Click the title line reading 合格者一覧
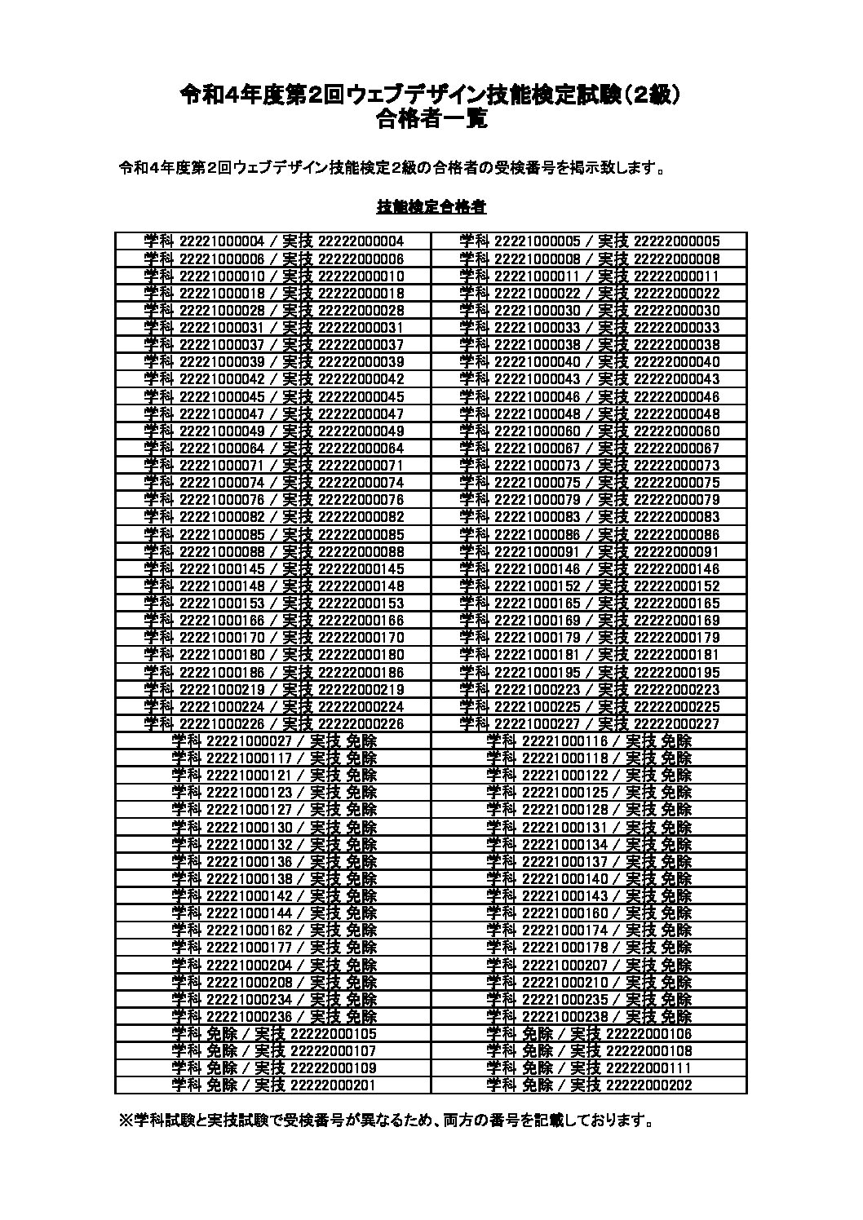(431, 120)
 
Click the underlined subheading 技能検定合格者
(431, 207)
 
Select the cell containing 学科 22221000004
(274, 241)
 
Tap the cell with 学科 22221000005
(590, 241)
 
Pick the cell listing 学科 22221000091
(590, 552)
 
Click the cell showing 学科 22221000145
(274, 569)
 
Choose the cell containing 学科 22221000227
(590, 724)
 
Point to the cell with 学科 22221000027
(274, 741)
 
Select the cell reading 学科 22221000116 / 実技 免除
(590, 741)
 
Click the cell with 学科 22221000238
(590, 1017)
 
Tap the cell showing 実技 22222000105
(274, 1034)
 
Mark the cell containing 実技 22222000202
(590, 1085)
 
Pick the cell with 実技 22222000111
(590, 1068)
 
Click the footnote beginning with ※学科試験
(386, 1121)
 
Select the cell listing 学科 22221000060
(590, 431)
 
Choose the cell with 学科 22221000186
(274, 673)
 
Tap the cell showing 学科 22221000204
(274, 966)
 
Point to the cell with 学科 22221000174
(590, 930)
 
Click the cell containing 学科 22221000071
(274, 466)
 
